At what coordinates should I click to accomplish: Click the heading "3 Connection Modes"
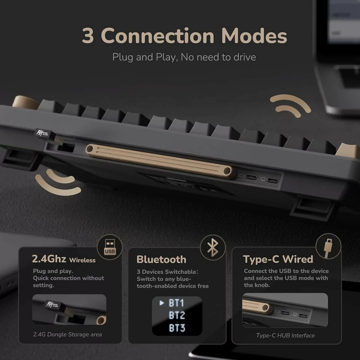[184, 36]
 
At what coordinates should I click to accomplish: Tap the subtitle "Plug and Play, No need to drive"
[184, 57]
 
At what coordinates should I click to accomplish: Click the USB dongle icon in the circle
[110, 246]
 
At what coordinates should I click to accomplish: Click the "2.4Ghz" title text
[49, 259]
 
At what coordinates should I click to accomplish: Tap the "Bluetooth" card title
[161, 259]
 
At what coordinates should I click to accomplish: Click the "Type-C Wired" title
[278, 259]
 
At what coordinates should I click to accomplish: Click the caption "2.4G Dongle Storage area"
[67, 334]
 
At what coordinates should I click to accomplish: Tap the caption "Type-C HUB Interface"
[285, 335]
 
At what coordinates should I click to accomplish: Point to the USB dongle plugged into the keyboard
[47, 134]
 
